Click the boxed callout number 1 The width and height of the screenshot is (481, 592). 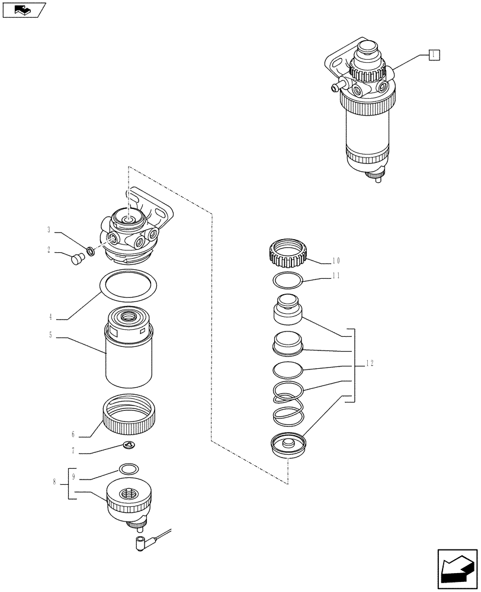[434, 54]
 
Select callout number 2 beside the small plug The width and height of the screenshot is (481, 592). [49, 251]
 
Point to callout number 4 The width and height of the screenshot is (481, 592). [50, 317]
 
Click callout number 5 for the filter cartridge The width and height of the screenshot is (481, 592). [50, 334]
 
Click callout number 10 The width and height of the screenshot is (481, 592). [336, 260]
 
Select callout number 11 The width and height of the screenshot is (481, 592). [336, 276]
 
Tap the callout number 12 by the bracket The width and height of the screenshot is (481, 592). [369, 363]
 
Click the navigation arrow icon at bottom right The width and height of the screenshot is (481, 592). [457, 569]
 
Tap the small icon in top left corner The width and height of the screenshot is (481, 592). [24, 10]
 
